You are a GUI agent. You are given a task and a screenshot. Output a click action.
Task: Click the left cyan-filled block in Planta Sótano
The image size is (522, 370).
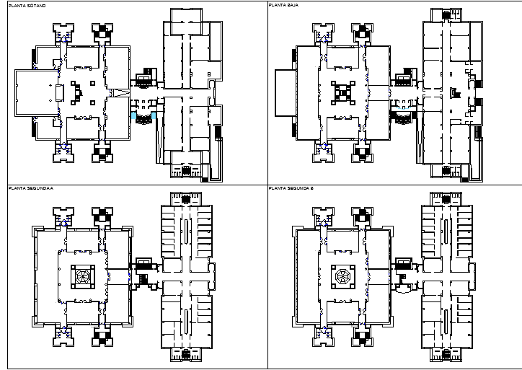(x=133, y=115)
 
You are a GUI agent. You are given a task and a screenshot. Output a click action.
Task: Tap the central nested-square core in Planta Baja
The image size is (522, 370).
(x=342, y=92)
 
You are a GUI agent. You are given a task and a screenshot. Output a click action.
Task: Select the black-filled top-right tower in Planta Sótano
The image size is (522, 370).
(x=102, y=32)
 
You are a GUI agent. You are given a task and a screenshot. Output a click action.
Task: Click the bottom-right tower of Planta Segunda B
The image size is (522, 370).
(x=362, y=336)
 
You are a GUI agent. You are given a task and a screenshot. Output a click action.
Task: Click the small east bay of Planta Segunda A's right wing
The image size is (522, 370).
(x=211, y=275)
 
